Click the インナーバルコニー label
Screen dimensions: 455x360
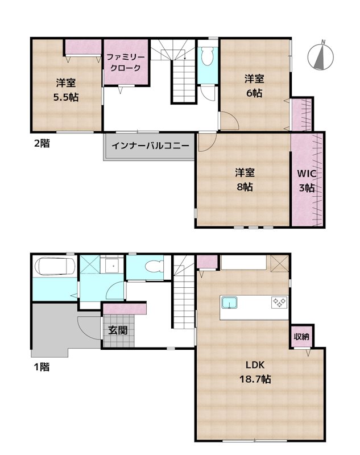click(150, 146)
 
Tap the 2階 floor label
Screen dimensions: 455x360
click(40, 143)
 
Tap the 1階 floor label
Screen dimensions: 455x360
click(40, 367)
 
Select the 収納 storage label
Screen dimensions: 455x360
click(301, 337)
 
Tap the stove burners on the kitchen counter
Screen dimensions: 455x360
click(279, 302)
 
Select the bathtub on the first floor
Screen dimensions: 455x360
click(55, 266)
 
